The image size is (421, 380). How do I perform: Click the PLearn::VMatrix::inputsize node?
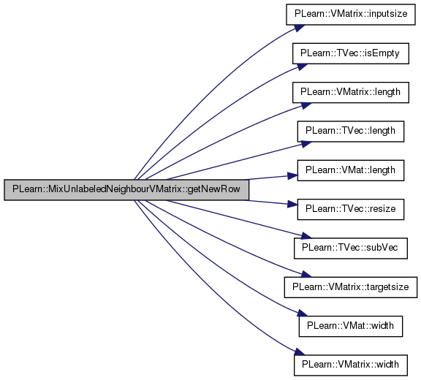click(351, 15)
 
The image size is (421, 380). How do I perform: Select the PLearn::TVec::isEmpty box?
click(351, 53)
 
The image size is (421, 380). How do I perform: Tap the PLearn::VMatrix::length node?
click(351, 92)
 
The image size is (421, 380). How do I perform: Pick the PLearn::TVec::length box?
click(351, 132)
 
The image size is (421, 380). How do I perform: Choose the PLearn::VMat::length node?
click(351, 170)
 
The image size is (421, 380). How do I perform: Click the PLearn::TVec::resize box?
click(351, 209)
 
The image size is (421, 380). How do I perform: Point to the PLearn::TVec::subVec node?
click(351, 248)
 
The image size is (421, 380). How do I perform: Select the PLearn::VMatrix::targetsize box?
click(351, 287)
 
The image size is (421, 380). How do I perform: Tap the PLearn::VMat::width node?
click(351, 326)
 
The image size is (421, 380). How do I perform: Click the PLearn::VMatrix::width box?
click(351, 365)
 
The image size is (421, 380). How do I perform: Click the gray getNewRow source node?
click(126, 190)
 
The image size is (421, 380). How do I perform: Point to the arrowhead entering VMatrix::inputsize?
click(300, 28)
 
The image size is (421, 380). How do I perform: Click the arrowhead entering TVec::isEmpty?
click(302, 66)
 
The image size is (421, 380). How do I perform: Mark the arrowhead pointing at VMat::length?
click(292, 176)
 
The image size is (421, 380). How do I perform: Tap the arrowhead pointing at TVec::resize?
click(292, 204)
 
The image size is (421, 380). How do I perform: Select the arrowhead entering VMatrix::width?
click(300, 351)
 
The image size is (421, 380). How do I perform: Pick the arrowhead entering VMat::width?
click(302, 313)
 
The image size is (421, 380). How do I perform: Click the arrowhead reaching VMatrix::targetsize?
click(306, 274)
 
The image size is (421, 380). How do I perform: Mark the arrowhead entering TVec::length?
click(306, 144)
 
